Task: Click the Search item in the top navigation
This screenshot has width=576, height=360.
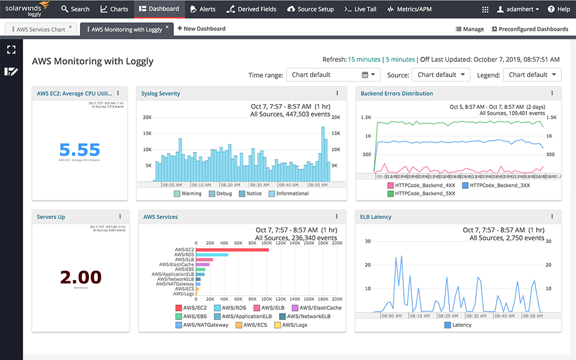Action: tap(75, 9)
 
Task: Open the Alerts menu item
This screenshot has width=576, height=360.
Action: tap(202, 9)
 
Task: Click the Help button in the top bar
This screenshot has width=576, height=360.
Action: tap(559, 9)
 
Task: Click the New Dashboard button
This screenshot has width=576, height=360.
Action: tap(201, 29)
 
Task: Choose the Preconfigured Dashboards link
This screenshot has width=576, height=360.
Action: tap(529, 29)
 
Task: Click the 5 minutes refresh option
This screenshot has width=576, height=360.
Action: tap(400, 60)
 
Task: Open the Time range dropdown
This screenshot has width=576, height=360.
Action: tap(333, 75)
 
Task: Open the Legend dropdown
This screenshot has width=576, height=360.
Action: tap(532, 75)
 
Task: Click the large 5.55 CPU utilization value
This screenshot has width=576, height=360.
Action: tap(79, 150)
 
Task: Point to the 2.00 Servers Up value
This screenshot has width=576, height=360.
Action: tap(80, 277)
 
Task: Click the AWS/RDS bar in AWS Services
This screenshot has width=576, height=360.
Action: tap(212, 255)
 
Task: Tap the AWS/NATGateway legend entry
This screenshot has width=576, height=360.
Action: tap(202, 325)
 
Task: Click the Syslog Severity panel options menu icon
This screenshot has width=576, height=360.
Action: tap(337, 93)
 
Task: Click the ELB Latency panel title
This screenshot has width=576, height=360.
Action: tap(376, 217)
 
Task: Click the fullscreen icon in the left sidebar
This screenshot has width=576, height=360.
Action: tap(11, 49)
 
